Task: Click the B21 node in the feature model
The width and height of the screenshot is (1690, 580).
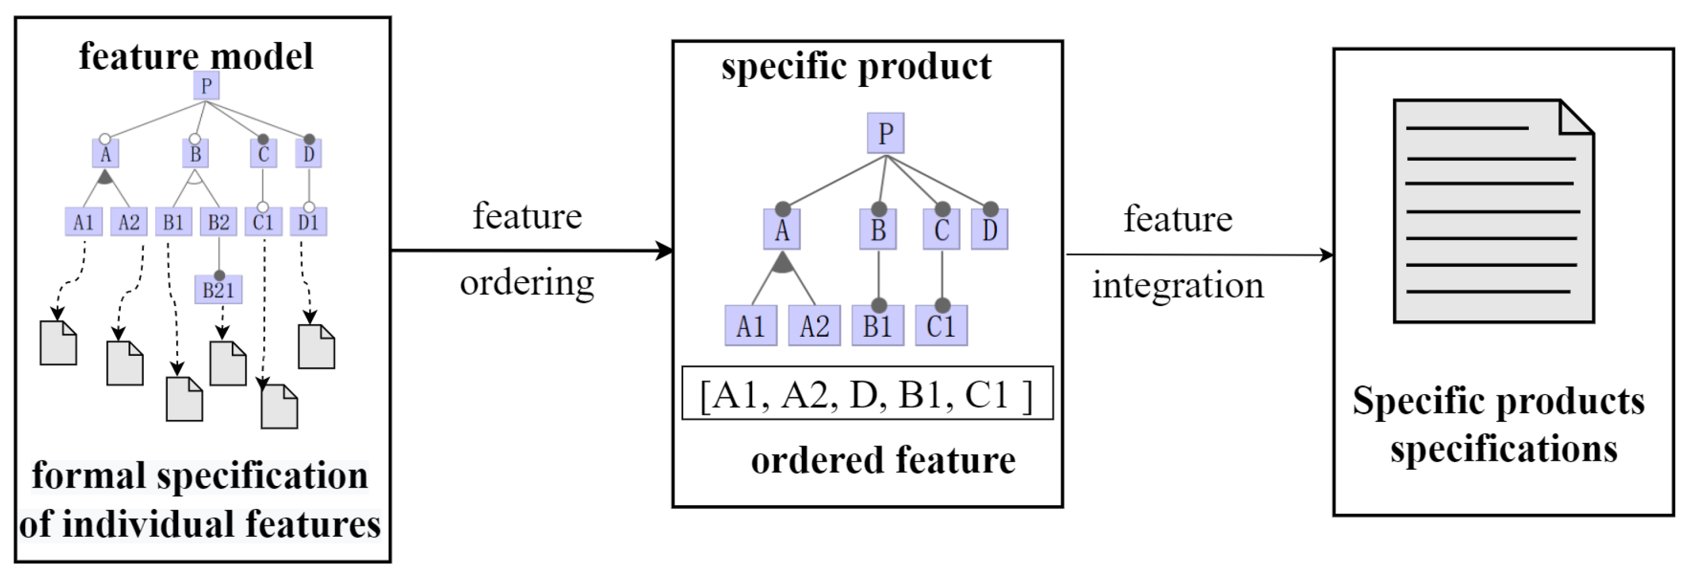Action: pyautogui.click(x=218, y=289)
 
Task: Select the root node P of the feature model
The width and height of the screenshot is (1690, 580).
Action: pyautogui.click(x=206, y=86)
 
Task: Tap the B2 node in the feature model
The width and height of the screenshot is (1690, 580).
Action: pyautogui.click(x=219, y=222)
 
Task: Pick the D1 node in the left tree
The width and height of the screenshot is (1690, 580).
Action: pyautogui.click(x=308, y=222)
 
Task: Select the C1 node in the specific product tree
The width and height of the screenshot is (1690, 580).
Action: pyautogui.click(x=941, y=325)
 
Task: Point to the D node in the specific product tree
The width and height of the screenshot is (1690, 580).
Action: pyautogui.click(x=989, y=230)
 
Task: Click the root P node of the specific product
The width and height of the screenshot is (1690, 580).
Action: pyautogui.click(x=885, y=133)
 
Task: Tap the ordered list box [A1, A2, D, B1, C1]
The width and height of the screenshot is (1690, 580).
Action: pyautogui.click(x=867, y=393)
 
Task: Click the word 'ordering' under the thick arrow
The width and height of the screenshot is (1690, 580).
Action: pyautogui.click(x=527, y=283)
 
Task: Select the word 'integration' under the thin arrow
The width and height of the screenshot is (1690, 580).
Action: pyautogui.click(x=1178, y=285)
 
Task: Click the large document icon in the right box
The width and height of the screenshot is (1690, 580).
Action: pyautogui.click(x=1493, y=211)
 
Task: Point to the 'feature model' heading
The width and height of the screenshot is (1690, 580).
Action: pyautogui.click(x=196, y=56)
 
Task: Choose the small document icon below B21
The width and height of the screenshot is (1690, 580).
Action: pyautogui.click(x=228, y=363)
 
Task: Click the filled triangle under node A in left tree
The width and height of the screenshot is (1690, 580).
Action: pyautogui.click(x=105, y=177)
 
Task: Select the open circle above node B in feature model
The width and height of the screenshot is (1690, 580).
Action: pyautogui.click(x=194, y=139)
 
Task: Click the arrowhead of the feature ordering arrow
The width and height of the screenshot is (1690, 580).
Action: pyautogui.click(x=665, y=250)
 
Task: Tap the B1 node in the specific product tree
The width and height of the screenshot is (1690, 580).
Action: pyautogui.click(x=877, y=325)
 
